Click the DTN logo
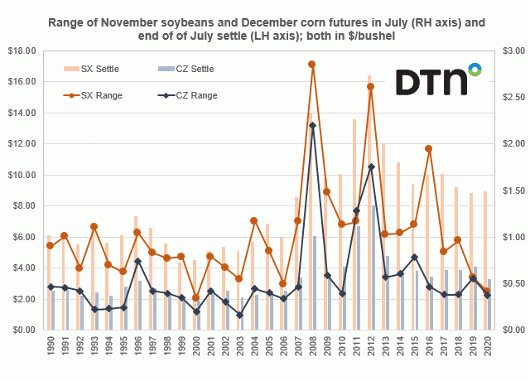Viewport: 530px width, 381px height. click(437, 82)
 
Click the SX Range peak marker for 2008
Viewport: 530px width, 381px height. click(311, 64)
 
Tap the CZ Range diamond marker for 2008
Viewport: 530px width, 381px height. click(312, 125)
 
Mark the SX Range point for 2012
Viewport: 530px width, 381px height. click(370, 86)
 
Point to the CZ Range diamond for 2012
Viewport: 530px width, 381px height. click(371, 166)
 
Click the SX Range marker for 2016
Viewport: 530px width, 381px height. click(428, 149)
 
